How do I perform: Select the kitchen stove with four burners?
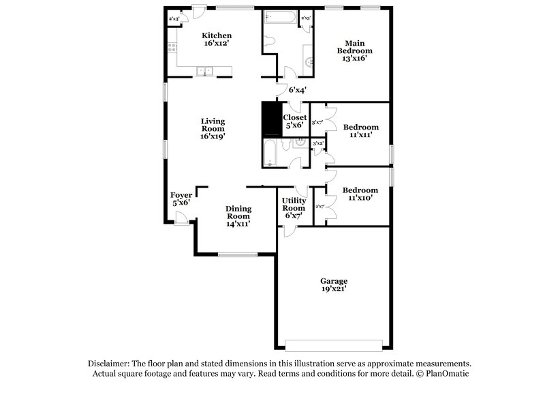[171, 48]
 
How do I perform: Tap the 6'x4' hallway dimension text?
[298, 90]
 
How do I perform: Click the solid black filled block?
[271, 120]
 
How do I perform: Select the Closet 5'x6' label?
[294, 121]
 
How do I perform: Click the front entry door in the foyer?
[181, 218]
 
